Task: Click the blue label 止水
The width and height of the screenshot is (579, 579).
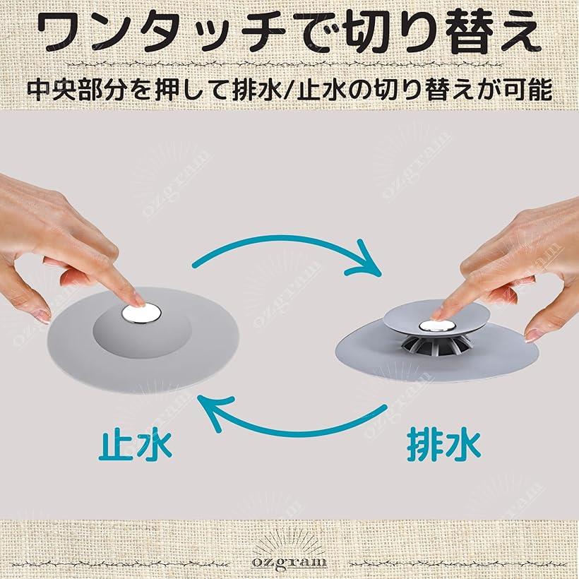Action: (x=135, y=445)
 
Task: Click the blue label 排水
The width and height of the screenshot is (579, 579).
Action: (x=444, y=445)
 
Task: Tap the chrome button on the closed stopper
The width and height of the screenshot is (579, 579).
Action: (x=141, y=312)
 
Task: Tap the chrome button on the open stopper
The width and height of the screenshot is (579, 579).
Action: (x=438, y=326)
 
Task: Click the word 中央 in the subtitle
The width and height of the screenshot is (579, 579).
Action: (x=54, y=90)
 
